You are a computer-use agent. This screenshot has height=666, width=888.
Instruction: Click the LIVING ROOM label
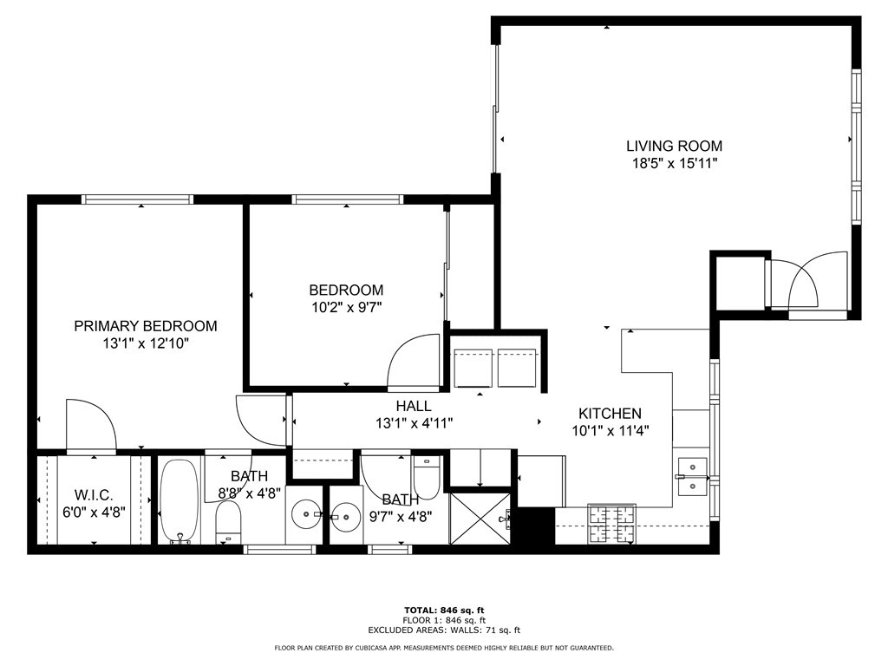click(x=674, y=146)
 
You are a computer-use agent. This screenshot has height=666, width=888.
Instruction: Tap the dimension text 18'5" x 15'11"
click(x=674, y=163)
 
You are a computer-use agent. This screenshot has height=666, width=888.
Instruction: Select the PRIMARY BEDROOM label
click(x=145, y=326)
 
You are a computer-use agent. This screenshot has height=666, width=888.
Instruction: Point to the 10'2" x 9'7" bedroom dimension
click(x=346, y=306)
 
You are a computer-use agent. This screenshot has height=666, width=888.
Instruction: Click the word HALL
click(x=413, y=406)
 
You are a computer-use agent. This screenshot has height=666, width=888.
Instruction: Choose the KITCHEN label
click(x=610, y=414)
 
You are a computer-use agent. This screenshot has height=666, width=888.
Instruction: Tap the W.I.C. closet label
click(x=94, y=495)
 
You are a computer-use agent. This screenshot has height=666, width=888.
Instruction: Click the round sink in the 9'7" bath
click(x=346, y=516)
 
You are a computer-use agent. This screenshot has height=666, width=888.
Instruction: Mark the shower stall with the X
click(x=480, y=519)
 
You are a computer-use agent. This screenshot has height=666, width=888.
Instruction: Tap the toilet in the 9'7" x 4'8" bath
click(x=427, y=478)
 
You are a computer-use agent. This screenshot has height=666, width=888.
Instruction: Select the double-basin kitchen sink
click(x=692, y=476)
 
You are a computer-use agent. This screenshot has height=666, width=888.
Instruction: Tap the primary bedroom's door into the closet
click(x=90, y=426)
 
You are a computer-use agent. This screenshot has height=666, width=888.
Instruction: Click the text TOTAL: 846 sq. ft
click(x=444, y=610)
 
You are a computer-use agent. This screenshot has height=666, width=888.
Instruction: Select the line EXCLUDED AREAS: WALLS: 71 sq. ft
click(x=444, y=630)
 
